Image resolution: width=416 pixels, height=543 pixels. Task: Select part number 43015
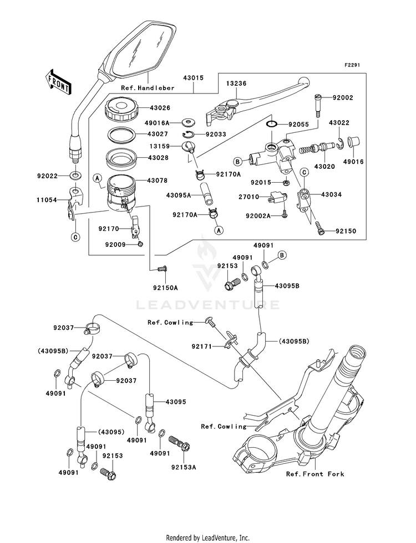(192, 79)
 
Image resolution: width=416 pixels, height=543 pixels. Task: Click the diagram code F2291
(352, 65)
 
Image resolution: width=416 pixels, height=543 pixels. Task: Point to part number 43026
(143, 108)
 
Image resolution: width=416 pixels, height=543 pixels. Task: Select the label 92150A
(165, 287)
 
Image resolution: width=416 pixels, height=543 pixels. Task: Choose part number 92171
(202, 347)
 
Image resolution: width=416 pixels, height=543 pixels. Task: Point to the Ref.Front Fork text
(314, 474)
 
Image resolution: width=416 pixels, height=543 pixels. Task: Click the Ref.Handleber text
(148, 88)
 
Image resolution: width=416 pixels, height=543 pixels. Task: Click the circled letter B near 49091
(281, 255)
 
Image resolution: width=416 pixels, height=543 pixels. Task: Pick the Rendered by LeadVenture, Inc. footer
(208, 537)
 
